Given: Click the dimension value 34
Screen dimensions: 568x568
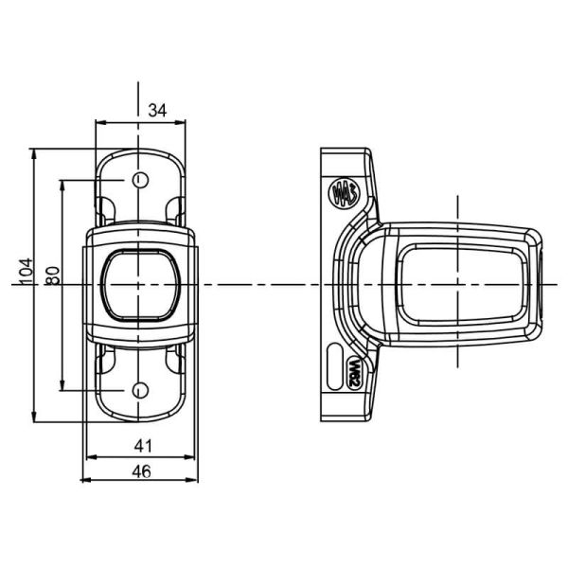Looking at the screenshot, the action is (x=157, y=110).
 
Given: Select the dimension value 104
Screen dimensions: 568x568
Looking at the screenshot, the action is (x=26, y=272).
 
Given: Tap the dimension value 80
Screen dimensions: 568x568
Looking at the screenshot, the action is (x=53, y=275).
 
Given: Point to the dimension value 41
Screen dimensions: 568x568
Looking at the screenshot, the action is (x=144, y=446).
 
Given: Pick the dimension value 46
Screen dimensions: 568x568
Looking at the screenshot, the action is (x=141, y=471).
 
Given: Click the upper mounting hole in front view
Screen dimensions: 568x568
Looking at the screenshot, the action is (x=140, y=180).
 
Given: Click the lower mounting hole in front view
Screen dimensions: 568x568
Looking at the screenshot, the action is (x=140, y=390).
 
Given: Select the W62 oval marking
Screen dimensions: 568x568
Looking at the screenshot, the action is (x=355, y=374).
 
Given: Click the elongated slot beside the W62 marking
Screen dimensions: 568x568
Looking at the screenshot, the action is (x=335, y=366).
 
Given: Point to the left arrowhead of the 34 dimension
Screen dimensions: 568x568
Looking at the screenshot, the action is (x=100, y=122).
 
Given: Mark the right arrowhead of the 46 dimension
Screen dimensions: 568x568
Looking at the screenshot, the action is (x=193, y=480).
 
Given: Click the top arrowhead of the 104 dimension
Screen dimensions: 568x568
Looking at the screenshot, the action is (x=34, y=154).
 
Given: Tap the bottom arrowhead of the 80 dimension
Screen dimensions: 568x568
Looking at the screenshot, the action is (x=62, y=385).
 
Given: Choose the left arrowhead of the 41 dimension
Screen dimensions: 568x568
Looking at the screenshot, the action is (x=92, y=457).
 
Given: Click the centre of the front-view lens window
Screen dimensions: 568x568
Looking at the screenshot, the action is (x=140, y=285).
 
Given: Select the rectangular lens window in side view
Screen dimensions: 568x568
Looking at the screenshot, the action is (x=462, y=284).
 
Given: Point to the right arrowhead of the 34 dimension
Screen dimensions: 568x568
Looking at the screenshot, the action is (x=181, y=122).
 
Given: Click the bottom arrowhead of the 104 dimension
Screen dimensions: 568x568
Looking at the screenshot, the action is (x=34, y=417).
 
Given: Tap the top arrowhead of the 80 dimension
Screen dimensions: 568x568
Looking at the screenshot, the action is (x=62, y=186).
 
